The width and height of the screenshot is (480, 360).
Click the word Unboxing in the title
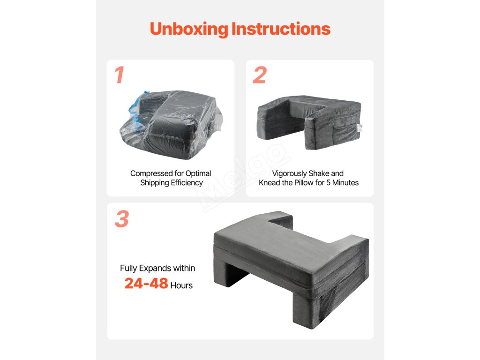tap(189, 29)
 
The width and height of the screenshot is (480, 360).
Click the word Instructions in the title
tap(281, 29)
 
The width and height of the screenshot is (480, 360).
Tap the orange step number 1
tap(120, 75)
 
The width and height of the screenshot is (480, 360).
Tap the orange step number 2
tap(260, 75)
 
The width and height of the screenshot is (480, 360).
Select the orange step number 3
tap(122, 219)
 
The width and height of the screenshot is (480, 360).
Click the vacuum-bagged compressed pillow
tap(171, 124)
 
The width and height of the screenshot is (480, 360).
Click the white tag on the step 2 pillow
tap(360, 127)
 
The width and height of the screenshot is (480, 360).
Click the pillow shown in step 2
tap(309, 122)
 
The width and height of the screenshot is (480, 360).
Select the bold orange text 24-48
tap(146, 284)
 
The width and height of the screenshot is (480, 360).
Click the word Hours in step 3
tap(181, 285)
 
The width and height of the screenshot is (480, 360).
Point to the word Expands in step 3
tap(156, 269)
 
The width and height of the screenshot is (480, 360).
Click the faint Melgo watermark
tap(242, 178)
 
